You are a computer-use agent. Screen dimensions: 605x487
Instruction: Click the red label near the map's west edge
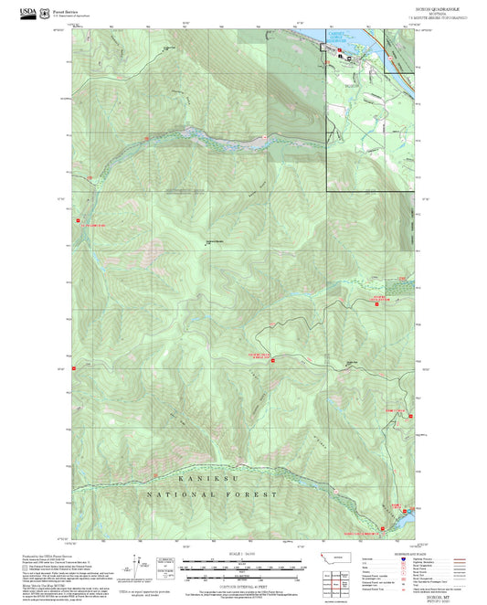[95, 222]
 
